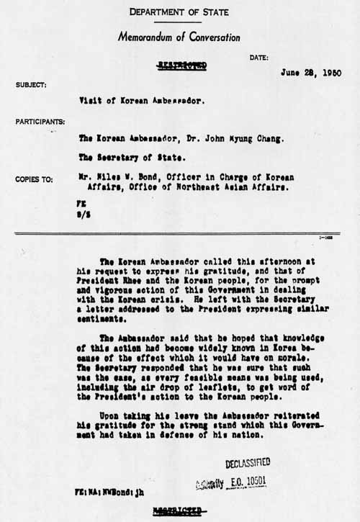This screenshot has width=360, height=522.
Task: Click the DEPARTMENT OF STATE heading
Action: tap(180, 12)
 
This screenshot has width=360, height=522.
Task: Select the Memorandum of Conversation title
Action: tap(179, 37)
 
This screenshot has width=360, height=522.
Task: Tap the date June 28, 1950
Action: tap(312, 73)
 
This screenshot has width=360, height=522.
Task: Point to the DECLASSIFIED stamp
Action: tap(248, 463)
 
